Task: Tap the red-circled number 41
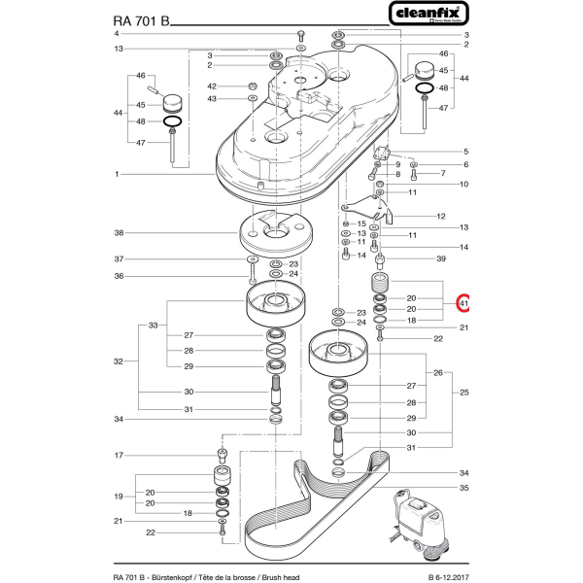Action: point(464,303)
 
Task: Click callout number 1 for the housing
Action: point(116,174)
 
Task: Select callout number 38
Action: point(120,233)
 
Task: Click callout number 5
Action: point(464,152)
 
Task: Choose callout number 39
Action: point(440,258)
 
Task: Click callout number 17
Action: point(120,455)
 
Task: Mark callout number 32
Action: point(120,361)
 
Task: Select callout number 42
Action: point(210,86)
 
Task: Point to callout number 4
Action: point(118,34)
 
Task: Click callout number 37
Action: point(120,259)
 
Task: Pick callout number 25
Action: point(464,392)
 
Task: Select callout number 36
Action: point(120,275)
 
